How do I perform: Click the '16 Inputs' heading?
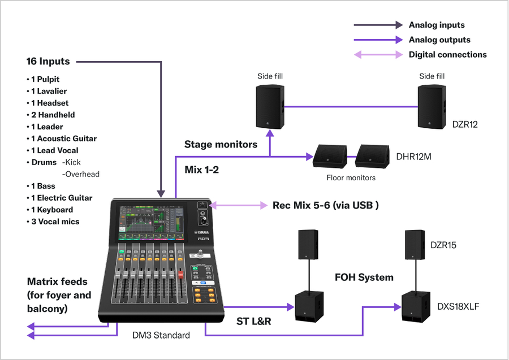click(x=48, y=61)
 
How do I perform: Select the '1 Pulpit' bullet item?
click(x=45, y=79)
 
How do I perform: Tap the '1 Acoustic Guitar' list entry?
click(x=63, y=138)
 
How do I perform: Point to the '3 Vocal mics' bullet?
click(x=55, y=222)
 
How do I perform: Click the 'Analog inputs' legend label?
click(x=436, y=25)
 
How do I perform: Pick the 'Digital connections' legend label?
click(x=447, y=55)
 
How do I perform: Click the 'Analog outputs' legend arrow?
click(x=378, y=40)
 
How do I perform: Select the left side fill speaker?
click(x=270, y=106)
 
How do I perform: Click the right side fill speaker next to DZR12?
click(x=432, y=106)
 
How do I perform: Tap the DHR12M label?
click(x=414, y=157)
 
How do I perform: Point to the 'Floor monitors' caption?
click(x=351, y=177)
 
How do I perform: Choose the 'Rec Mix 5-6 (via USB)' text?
click(x=325, y=205)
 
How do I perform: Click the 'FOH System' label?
click(x=364, y=277)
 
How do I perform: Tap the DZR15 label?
click(x=443, y=245)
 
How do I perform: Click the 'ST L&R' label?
click(x=253, y=322)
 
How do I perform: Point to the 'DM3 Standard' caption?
click(x=161, y=335)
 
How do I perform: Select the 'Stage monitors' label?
click(x=221, y=144)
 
